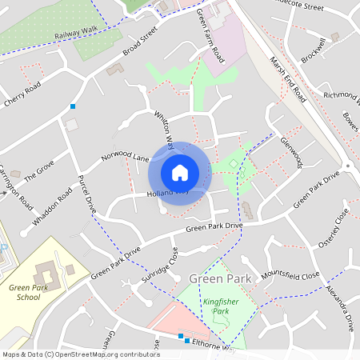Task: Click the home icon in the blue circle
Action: pyautogui.click(x=180, y=172)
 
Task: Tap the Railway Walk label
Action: pyautogui.click(x=75, y=36)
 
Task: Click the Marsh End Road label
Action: pyautogui.click(x=289, y=79)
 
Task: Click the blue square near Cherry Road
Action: pyautogui.click(x=73, y=106)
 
